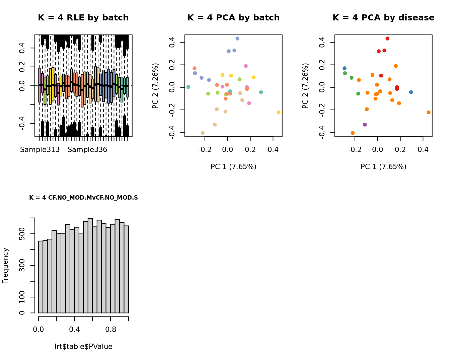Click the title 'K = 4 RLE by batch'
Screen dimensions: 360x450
pyautogui.click(x=83, y=18)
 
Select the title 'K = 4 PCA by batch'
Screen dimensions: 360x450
pyautogui.click(x=233, y=18)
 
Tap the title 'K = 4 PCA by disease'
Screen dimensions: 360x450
pyautogui.click(x=383, y=18)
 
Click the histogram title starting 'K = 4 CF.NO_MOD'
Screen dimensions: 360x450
pyautogui.click(x=83, y=198)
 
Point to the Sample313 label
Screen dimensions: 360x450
pyautogui.click(x=40, y=150)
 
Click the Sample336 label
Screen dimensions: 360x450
pyautogui.click(x=87, y=150)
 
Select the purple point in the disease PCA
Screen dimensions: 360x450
pyautogui.click(x=365, y=125)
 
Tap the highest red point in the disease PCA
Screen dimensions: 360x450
pyautogui.click(x=387, y=39)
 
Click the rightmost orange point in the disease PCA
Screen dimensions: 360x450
pyautogui.click(x=429, y=112)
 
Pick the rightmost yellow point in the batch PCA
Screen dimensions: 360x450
pyautogui.click(x=279, y=112)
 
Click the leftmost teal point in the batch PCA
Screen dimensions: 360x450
pyautogui.click(x=188, y=87)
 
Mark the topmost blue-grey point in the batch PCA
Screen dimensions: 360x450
pyautogui.click(x=237, y=39)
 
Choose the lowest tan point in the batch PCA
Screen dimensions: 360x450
pyautogui.click(x=203, y=133)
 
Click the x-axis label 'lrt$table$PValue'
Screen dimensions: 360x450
pyautogui.click(x=83, y=347)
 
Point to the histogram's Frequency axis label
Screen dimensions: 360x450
pyautogui.click(x=5, y=266)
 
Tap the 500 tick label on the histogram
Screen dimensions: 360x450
pyautogui.click(x=22, y=234)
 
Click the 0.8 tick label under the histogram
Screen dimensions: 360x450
pyautogui.click(x=111, y=330)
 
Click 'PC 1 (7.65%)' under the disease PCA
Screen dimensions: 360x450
pyautogui.click(x=383, y=167)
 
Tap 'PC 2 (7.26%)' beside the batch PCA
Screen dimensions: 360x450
pyautogui.click(x=155, y=86)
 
